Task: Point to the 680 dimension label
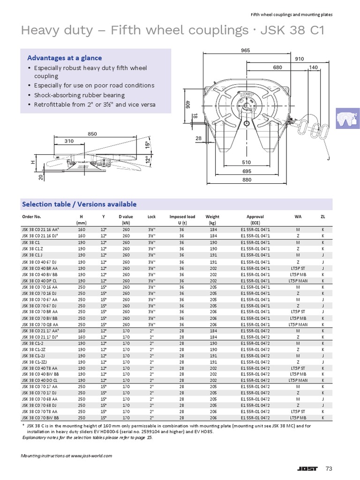[277, 67]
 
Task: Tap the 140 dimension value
[314, 67]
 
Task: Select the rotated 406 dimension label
[187, 104]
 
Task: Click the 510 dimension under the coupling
[246, 163]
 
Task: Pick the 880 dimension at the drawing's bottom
[247, 180]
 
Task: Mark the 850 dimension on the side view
[92, 134]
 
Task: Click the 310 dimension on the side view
[69, 141]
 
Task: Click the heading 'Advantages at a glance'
[64, 58]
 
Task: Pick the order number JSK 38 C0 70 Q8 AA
[40, 324]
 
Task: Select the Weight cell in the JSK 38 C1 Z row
[213, 248]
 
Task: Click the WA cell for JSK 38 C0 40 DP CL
[298, 280]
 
